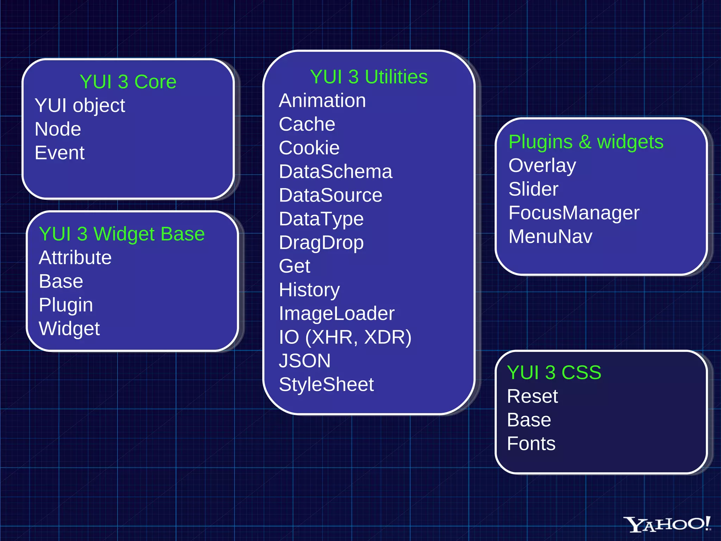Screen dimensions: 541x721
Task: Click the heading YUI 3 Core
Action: click(x=128, y=82)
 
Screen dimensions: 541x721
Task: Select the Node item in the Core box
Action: click(x=58, y=129)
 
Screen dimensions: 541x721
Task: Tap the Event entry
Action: click(x=59, y=153)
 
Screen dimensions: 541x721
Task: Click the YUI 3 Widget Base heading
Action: click(x=122, y=234)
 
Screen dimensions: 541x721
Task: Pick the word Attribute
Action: click(x=75, y=258)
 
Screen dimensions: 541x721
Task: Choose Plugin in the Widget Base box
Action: click(x=66, y=305)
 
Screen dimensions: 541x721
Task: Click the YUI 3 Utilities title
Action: click(x=369, y=77)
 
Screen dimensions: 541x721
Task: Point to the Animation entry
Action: click(x=322, y=101)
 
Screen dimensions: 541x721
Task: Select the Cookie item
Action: click(x=309, y=148)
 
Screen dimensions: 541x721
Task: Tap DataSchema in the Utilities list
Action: click(x=336, y=172)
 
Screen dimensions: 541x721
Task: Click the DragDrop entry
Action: click(x=321, y=243)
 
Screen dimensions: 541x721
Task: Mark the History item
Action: click(x=309, y=290)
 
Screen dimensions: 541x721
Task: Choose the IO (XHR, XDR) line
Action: click(x=345, y=337)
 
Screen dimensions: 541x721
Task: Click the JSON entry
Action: click(x=305, y=361)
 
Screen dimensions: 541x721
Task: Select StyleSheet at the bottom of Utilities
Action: click(x=326, y=385)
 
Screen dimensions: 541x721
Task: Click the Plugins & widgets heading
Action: click(x=586, y=142)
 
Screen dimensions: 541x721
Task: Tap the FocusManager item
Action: click(x=574, y=213)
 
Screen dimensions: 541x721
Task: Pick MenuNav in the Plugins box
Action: click(x=550, y=237)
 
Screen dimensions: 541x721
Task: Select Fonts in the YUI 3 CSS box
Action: click(x=531, y=444)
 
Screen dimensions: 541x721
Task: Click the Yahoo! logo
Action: click(x=666, y=524)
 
